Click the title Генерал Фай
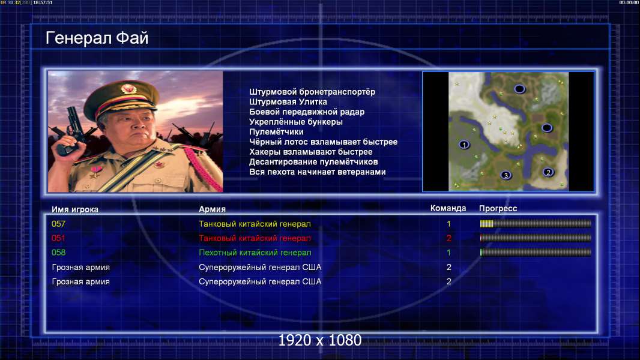(97, 38)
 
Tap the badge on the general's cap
(128, 88)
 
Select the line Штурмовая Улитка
(288, 102)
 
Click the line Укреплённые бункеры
(296, 122)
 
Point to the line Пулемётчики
(276, 132)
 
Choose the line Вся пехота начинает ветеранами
(317, 172)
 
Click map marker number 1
(464, 145)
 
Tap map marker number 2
(548, 172)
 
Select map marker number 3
(506, 175)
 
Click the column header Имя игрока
(74, 209)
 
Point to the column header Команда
(448, 208)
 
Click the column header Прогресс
(498, 209)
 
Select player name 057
(58, 224)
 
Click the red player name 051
(58, 238)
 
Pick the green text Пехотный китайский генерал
(255, 253)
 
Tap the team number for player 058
(448, 253)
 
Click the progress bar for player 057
(536, 223)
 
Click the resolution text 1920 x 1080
(319, 340)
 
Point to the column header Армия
(213, 209)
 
